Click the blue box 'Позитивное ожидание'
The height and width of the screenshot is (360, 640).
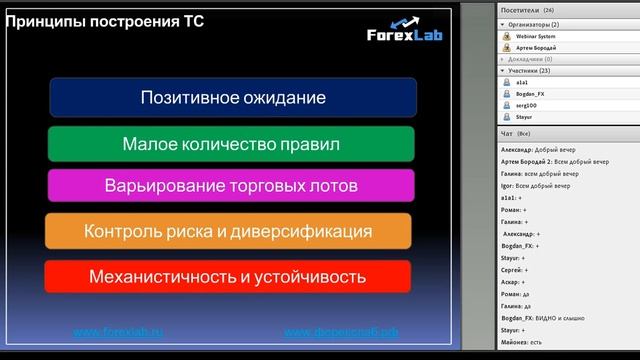[x=232, y=98]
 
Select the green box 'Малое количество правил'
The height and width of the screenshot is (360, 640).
[x=231, y=144]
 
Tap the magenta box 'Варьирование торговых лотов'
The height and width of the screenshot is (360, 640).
[x=231, y=186]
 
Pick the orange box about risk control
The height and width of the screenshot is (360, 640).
[x=228, y=231]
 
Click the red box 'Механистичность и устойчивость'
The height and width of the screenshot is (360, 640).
[x=228, y=276]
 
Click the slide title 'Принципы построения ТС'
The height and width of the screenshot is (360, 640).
[x=105, y=21]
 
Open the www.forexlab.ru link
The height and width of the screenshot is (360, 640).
[x=118, y=332]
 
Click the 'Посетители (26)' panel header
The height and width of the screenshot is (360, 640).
[x=534, y=10]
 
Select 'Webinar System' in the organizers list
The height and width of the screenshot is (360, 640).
[x=536, y=36]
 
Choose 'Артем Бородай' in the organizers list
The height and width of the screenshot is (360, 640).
[x=534, y=47]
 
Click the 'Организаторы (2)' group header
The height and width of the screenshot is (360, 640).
[x=535, y=24]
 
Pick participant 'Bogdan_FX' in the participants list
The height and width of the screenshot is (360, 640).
[x=530, y=94]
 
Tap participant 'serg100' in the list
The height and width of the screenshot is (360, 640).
[x=527, y=105]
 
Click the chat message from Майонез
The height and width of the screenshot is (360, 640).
[x=535, y=341]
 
